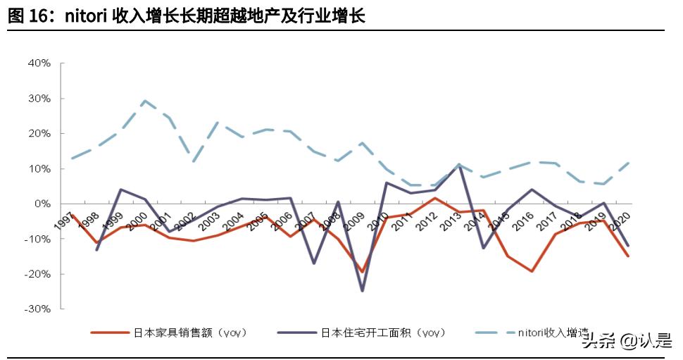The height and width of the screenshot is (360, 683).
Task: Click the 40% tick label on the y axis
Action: tap(39, 63)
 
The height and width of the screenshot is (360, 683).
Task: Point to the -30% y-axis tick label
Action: tap(38, 309)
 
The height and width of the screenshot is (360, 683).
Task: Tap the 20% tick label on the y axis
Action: tap(39, 133)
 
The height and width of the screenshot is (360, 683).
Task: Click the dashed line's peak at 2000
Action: tap(144, 101)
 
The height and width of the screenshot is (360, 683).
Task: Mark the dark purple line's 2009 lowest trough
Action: tap(363, 290)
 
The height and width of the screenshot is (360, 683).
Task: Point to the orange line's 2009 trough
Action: tap(363, 271)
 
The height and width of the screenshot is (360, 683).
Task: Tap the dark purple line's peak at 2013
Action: tap(459, 165)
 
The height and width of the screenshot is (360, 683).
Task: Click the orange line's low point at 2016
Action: tap(532, 271)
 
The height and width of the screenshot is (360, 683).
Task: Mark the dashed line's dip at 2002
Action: tap(194, 161)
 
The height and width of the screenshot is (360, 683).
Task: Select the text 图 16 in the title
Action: tap(27, 15)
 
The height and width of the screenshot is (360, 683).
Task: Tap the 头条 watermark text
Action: tap(596, 342)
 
